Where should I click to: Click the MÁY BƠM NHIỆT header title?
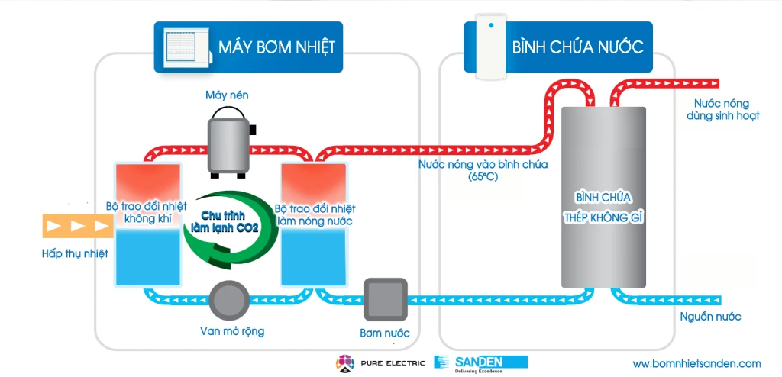coord(276,47)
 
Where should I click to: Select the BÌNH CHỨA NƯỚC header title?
coord(578,47)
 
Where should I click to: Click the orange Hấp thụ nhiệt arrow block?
coord(76,226)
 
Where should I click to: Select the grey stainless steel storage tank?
coord(603,197)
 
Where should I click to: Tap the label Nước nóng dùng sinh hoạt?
coord(721,110)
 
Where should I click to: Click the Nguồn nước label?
coord(710,317)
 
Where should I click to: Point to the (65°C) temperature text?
coord(483,177)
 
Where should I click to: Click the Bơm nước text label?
coord(385,333)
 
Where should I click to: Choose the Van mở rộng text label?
coord(228,331)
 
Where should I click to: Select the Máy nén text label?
coord(227,95)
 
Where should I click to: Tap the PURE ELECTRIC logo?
coord(378,362)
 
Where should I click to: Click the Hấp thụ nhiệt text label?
coord(75,253)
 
